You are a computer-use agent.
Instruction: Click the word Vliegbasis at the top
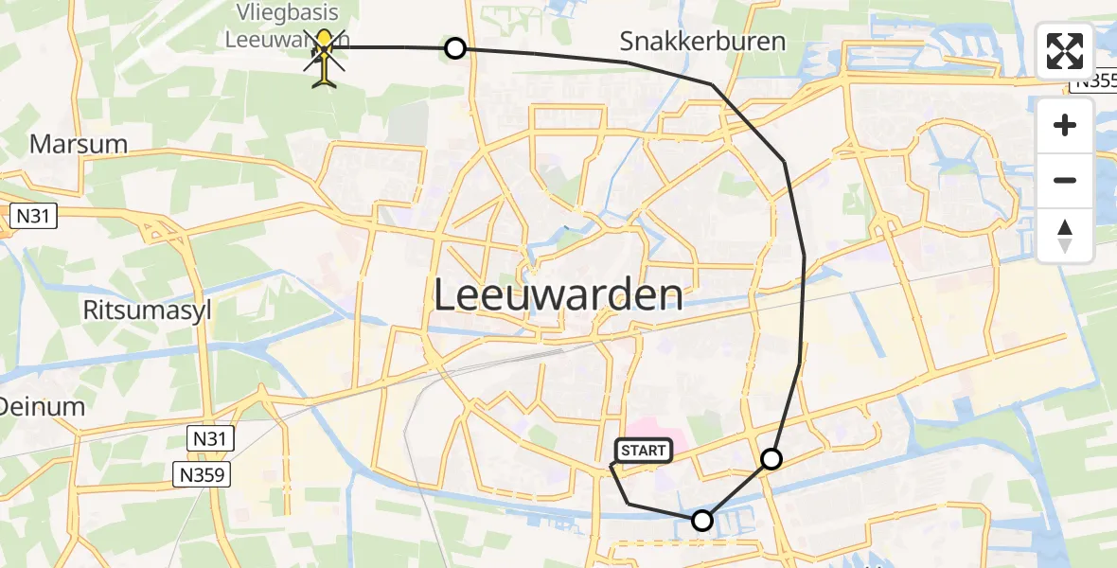tap(281, 14)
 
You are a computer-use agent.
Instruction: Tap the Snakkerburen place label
tap(702, 42)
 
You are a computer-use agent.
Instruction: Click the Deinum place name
tap(42, 407)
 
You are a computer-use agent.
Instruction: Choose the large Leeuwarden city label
tap(558, 295)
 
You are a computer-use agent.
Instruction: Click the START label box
tap(644, 451)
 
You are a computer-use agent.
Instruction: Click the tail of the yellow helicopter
tap(324, 81)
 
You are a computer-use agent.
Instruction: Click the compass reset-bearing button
tap(1065, 236)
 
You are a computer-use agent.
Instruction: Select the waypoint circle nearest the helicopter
tap(455, 48)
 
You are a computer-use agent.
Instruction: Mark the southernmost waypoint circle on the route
tap(702, 520)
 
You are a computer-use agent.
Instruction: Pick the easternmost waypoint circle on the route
tap(772, 459)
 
